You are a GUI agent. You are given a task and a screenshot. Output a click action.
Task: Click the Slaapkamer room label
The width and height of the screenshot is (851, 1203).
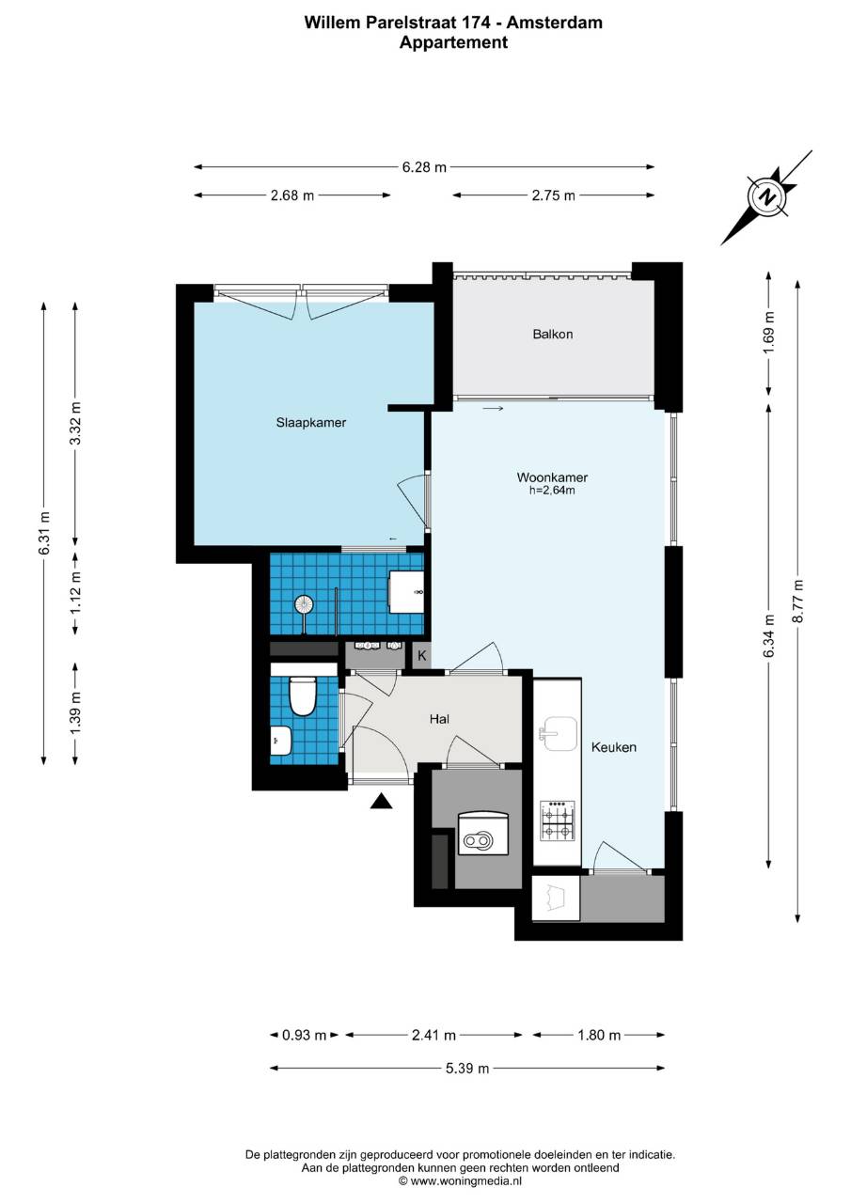311,423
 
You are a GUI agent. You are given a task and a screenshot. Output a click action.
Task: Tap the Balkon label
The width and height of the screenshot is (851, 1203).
553,334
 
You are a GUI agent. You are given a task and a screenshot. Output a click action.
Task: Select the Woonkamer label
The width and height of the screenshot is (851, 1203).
552,477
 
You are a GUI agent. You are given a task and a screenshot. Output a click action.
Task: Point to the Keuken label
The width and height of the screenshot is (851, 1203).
614,747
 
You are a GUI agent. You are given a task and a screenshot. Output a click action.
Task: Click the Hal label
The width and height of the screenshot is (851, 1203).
439,719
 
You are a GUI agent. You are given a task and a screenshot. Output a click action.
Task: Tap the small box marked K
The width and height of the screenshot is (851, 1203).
422,656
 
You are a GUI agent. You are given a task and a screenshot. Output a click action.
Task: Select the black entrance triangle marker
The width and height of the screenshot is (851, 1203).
381,801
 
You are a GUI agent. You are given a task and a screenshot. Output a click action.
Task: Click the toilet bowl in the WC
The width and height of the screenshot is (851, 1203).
303,696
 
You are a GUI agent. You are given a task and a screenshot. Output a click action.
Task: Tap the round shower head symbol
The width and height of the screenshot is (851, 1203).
303,604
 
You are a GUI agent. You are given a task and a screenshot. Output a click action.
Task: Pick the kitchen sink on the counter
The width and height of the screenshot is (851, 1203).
559,734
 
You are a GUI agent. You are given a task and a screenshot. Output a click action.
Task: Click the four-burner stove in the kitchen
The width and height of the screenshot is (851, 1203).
557,820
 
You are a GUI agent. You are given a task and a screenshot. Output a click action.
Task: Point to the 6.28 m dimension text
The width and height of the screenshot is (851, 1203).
424,167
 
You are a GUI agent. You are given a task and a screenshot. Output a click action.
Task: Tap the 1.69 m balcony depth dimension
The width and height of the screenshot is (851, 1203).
769,333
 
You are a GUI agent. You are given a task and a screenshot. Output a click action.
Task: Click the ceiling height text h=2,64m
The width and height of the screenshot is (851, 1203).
552,491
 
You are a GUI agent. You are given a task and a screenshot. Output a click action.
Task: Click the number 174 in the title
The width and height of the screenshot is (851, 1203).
474,23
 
